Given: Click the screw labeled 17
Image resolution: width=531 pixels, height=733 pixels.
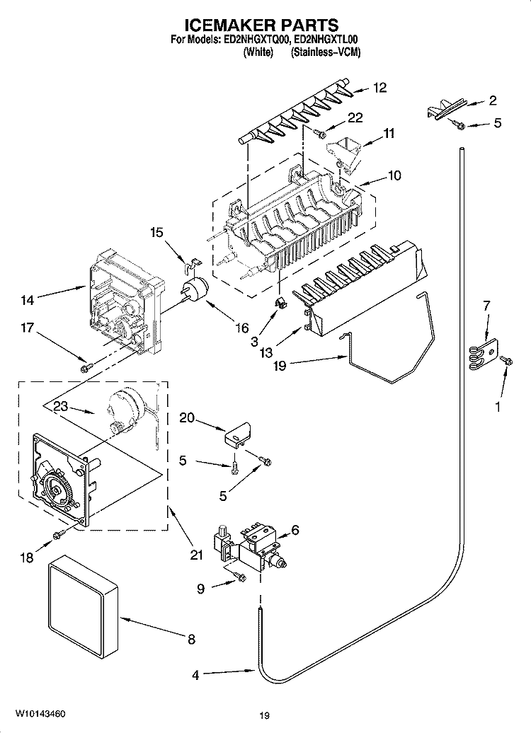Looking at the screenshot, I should click(87, 366).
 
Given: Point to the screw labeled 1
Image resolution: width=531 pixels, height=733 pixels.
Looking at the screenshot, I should click(506, 362).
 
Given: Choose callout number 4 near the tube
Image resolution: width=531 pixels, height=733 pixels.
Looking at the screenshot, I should click(196, 675).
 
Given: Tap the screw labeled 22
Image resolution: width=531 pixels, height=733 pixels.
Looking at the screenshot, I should click(321, 132).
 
